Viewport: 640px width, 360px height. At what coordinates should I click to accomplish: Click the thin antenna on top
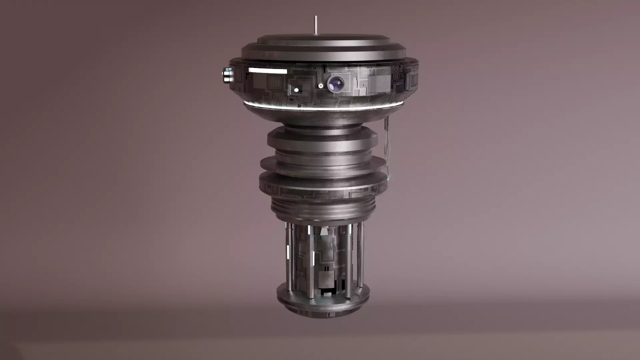315,25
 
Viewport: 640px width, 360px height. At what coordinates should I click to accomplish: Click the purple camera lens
336,83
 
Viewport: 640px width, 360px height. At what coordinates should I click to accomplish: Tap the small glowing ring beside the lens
321,86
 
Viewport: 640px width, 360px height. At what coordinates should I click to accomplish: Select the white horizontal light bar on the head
268,71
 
